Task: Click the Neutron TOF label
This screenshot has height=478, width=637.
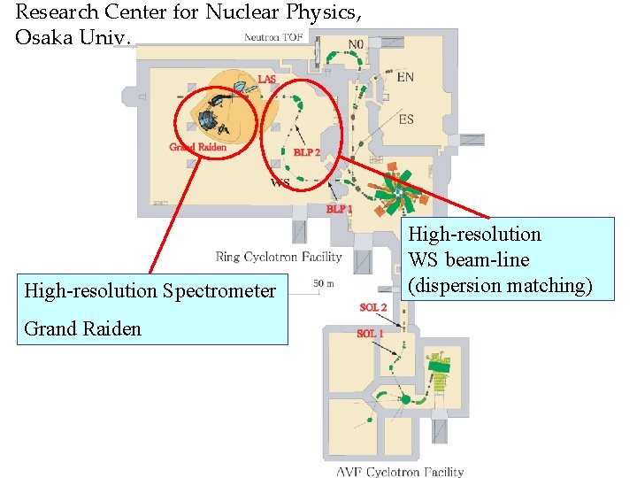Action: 273,37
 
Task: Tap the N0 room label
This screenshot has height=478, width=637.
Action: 356,44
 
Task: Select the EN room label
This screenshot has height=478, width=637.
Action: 405,77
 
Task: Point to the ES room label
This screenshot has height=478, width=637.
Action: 406,119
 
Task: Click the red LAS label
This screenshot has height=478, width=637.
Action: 266,80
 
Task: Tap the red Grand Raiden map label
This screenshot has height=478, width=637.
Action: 197,147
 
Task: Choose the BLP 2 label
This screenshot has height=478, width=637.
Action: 307,152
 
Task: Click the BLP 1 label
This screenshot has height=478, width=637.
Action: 340,209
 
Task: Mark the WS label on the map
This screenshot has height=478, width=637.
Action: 280,183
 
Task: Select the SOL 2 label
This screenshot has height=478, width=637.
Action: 372,307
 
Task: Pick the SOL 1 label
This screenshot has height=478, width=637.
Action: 370,334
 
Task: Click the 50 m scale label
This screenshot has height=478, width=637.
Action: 323,283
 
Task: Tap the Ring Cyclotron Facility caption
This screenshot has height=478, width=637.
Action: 278,257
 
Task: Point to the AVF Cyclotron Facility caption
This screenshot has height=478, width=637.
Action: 400,471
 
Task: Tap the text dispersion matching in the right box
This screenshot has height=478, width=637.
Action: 500,285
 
